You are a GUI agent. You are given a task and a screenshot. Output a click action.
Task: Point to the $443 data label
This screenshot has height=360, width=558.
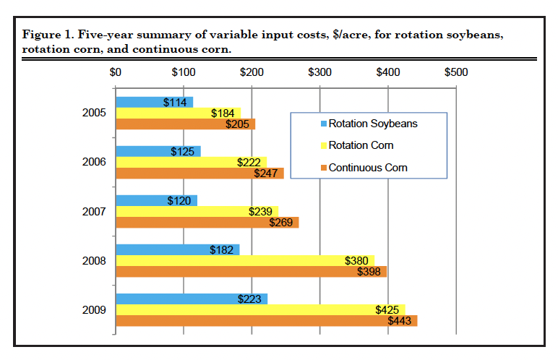click(400, 321)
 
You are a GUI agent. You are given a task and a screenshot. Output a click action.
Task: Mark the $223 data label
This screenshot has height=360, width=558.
click(250, 299)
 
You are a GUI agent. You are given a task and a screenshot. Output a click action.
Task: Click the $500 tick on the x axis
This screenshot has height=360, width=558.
click(456, 72)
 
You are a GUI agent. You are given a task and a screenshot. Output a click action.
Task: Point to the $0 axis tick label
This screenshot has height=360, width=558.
click(116, 72)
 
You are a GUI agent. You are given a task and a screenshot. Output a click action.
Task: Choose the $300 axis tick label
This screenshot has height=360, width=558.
click(319, 72)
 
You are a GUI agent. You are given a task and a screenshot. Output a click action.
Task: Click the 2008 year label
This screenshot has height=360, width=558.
click(95, 261)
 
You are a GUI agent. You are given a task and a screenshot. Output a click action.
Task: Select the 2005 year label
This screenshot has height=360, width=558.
click(95, 113)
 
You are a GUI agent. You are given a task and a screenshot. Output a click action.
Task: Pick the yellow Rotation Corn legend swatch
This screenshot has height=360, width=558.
click(322, 146)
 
